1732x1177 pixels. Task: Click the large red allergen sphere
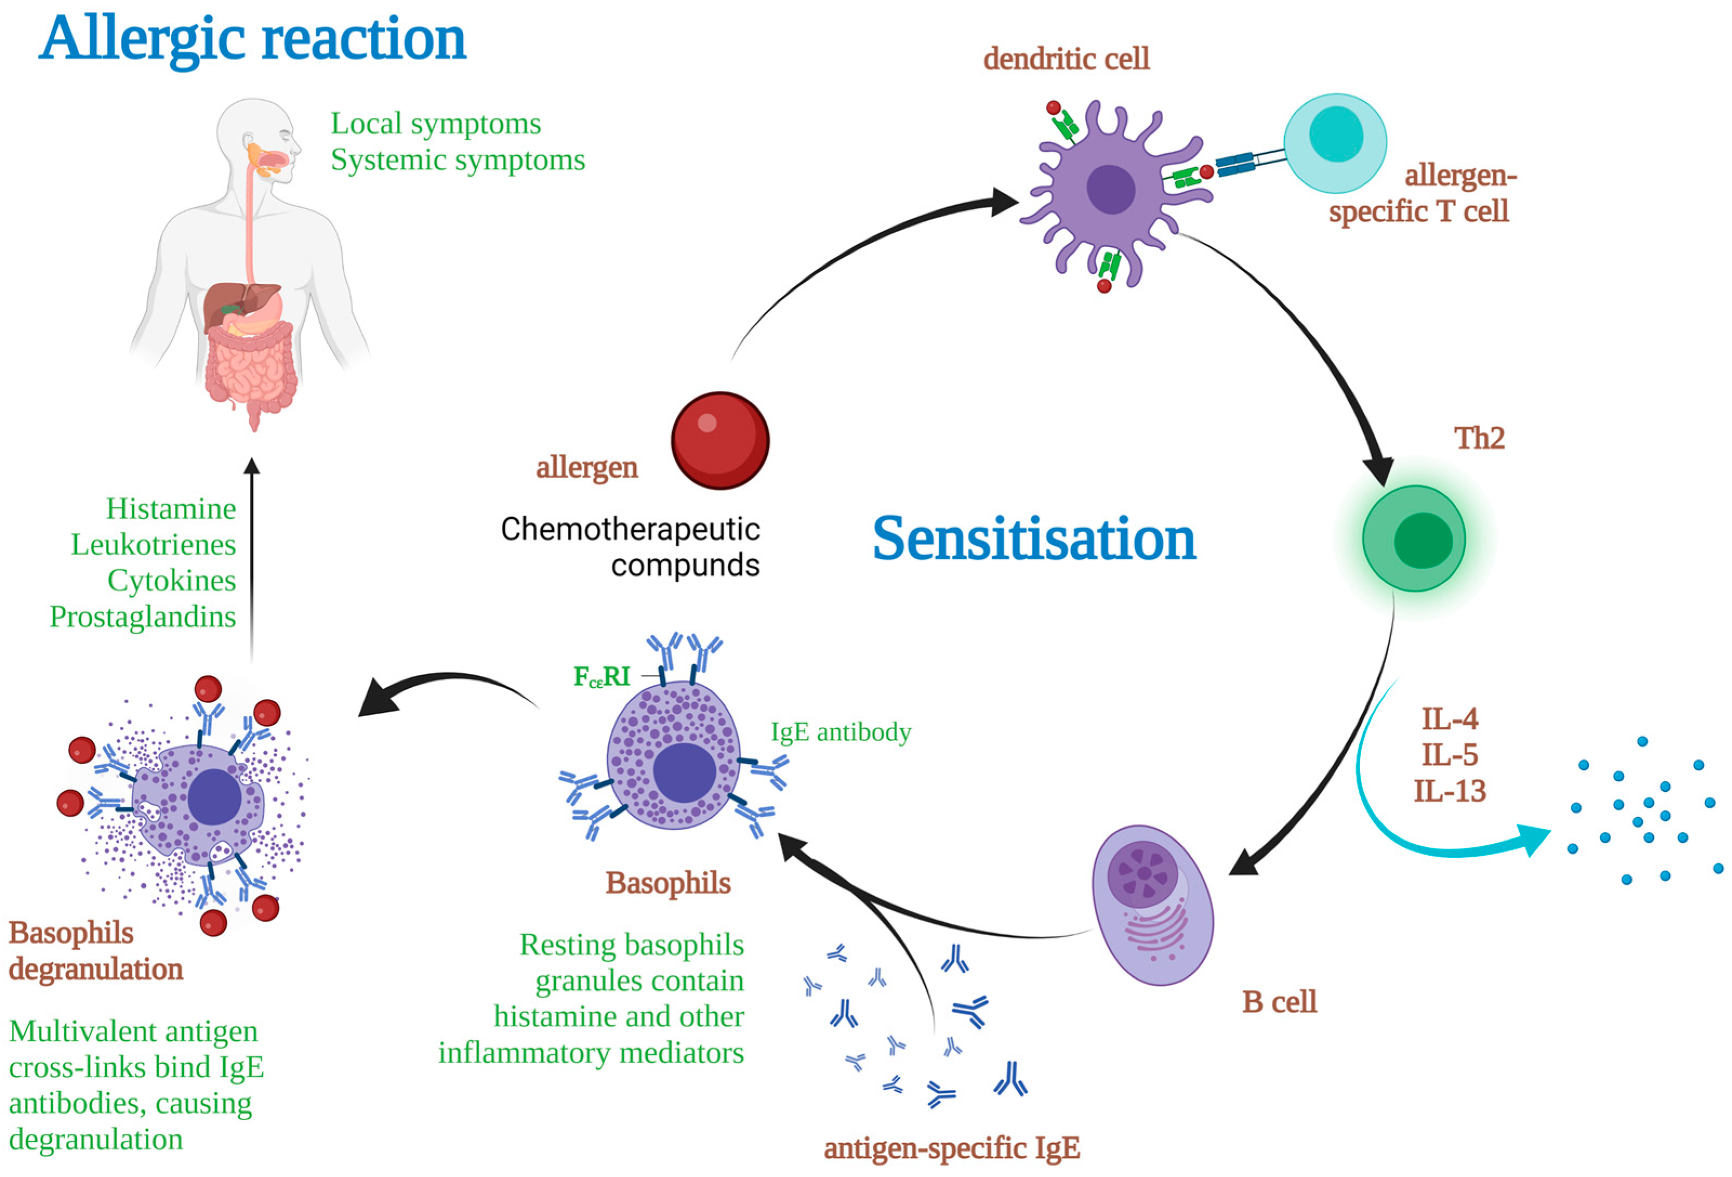[720, 440]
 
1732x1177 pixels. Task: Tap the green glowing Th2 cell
[1414, 539]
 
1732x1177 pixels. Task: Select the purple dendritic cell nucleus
[1111, 189]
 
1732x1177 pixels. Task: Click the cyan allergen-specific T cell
[1335, 142]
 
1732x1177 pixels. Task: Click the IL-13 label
[1450, 791]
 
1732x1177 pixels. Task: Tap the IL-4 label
[1450, 718]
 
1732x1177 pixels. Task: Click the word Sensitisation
[1034, 538]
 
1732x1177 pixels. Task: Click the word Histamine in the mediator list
[171, 508]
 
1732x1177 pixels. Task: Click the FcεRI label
[601, 676]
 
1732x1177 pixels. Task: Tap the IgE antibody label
[841, 731]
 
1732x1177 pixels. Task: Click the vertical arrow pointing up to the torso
[252, 559]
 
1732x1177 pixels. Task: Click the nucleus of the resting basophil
[684, 773]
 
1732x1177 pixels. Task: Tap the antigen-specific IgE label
[952, 1148]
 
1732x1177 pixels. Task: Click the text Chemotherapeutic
[630, 529]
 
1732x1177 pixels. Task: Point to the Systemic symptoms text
[457, 160]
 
